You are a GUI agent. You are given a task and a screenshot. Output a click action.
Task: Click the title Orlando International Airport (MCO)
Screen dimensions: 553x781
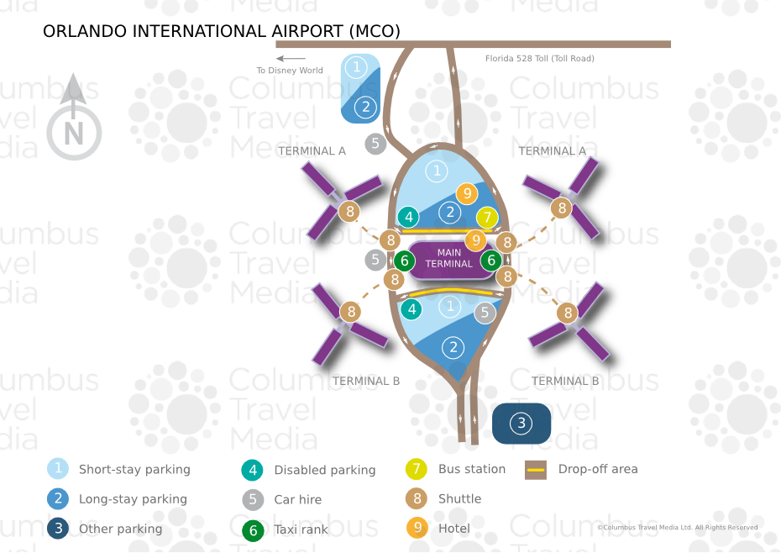click(222, 32)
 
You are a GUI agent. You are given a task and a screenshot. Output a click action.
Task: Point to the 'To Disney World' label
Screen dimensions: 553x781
click(290, 71)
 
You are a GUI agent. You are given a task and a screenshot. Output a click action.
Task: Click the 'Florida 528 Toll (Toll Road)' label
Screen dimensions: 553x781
click(539, 59)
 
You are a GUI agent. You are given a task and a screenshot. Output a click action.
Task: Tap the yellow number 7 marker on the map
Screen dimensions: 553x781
click(487, 218)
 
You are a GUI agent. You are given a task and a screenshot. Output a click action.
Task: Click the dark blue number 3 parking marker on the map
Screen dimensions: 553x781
click(521, 423)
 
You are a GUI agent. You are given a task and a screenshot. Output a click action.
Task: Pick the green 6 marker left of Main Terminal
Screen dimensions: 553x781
click(405, 261)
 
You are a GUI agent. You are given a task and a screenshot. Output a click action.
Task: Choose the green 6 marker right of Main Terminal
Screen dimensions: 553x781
click(492, 261)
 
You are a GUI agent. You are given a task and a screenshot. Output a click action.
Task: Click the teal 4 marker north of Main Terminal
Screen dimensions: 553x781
click(409, 217)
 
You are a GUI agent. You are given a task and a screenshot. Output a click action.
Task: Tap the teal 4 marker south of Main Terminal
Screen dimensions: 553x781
click(411, 309)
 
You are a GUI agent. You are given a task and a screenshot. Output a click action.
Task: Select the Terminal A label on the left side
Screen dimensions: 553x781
click(312, 151)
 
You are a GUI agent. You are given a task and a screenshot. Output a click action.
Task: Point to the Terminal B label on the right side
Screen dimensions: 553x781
click(565, 381)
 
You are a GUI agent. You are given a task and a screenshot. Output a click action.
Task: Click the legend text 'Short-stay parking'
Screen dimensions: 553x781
click(134, 470)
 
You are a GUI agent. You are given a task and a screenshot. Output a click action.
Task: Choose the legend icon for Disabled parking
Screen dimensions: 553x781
click(253, 470)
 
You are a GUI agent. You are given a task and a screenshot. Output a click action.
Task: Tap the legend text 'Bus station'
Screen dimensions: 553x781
click(472, 469)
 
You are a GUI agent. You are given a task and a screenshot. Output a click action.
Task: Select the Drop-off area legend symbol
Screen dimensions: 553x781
click(536, 470)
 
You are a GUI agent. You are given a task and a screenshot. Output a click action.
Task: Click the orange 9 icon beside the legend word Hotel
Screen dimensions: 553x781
click(417, 528)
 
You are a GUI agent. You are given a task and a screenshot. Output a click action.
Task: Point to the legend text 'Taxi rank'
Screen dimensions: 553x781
click(301, 529)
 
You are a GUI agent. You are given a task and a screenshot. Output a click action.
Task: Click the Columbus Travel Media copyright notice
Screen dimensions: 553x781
click(677, 528)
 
